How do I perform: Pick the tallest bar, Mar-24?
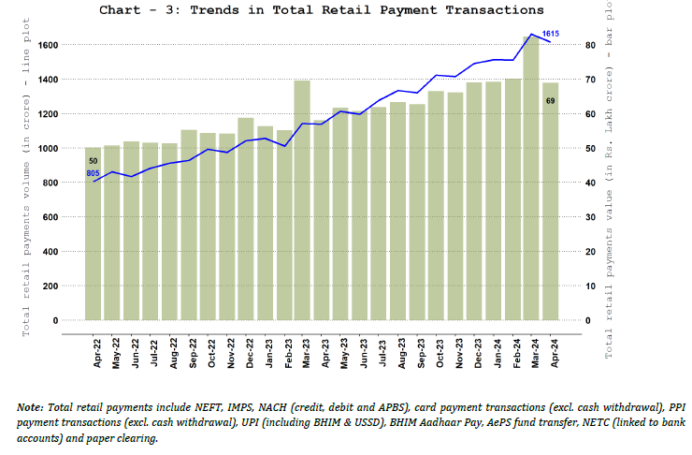point(531,178)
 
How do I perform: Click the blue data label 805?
point(93,174)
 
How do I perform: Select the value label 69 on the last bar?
point(551,101)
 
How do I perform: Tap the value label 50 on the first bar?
point(93,161)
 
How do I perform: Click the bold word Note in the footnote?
point(30,407)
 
